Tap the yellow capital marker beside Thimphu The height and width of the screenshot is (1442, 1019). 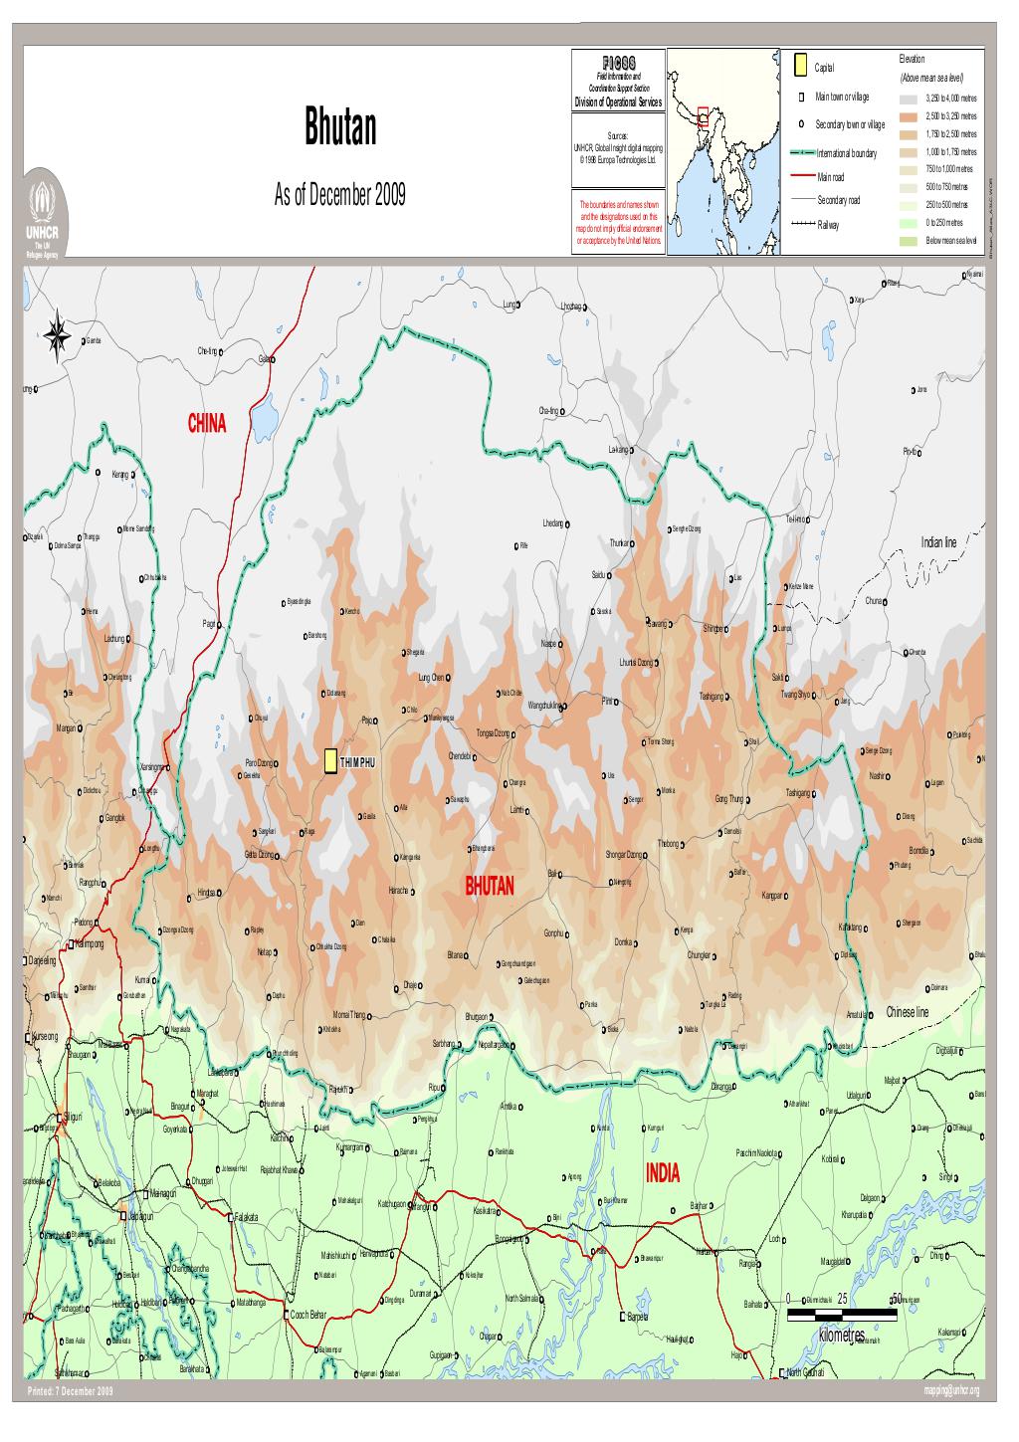[x=330, y=762]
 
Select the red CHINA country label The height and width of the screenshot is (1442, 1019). [x=207, y=425]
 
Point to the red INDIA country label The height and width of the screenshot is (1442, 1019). [x=663, y=1173]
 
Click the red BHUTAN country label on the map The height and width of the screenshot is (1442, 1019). [x=490, y=887]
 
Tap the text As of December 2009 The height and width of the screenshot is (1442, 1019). [x=339, y=193]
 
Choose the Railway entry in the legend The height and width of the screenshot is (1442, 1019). [x=827, y=225]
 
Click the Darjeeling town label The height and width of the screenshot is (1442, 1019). [x=42, y=961]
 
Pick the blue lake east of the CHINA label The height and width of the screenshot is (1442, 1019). [x=264, y=417]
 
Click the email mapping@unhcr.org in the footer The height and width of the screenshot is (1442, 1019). [x=951, y=1390]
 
